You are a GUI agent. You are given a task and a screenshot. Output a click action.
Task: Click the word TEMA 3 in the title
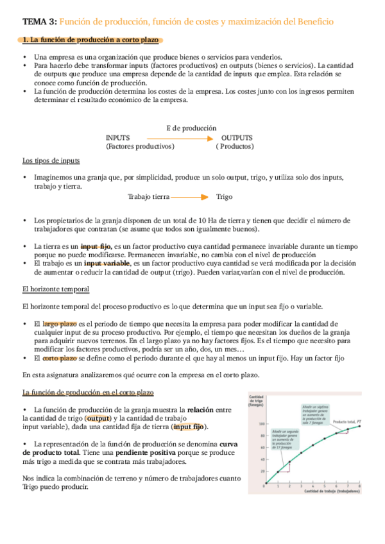(x=39, y=21)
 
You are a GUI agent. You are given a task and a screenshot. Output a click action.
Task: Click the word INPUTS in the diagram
(x=118, y=138)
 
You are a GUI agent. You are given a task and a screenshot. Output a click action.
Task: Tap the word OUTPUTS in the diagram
(x=237, y=138)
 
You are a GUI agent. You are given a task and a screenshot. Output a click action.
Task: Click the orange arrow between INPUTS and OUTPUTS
(x=179, y=138)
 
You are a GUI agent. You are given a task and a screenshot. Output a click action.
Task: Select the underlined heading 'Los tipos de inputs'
(x=51, y=160)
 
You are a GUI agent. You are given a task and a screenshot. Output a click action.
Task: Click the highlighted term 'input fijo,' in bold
(x=97, y=246)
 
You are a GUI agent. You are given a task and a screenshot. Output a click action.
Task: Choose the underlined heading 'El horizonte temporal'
(x=56, y=289)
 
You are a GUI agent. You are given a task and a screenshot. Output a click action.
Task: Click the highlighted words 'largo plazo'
(x=60, y=324)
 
